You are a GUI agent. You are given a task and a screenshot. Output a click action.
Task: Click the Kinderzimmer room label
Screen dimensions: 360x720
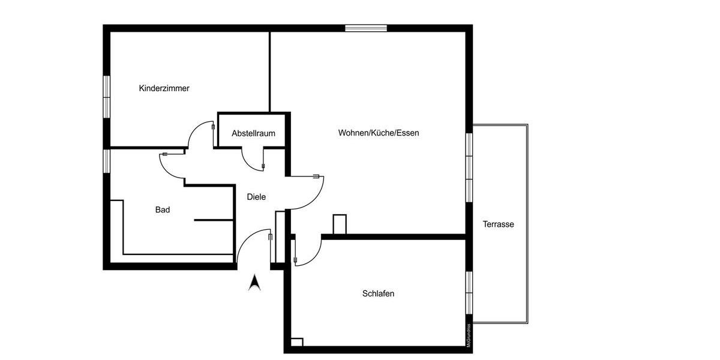164,88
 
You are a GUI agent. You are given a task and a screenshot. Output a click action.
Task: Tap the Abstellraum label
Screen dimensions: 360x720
253,133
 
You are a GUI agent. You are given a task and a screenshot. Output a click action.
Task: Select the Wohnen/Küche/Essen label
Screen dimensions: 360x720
378,133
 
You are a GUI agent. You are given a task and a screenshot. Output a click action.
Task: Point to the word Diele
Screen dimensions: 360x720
256,197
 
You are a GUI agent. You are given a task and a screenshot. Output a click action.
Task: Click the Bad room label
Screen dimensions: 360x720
163,210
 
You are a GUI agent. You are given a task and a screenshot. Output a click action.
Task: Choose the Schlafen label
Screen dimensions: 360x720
378,294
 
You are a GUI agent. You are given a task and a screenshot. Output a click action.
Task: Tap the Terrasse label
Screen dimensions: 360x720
499,224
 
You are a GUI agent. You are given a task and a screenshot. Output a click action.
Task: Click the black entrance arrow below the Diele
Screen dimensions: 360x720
255,282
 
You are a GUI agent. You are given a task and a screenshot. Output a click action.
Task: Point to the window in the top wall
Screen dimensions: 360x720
365,28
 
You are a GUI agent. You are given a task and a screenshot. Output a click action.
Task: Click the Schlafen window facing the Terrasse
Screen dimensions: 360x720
469,292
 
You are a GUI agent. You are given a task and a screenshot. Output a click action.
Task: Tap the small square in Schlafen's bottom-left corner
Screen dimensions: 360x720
296,342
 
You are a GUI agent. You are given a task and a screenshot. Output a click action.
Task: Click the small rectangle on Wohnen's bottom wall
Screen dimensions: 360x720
340,224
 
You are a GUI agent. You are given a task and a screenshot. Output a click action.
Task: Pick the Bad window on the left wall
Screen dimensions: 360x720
106,161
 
